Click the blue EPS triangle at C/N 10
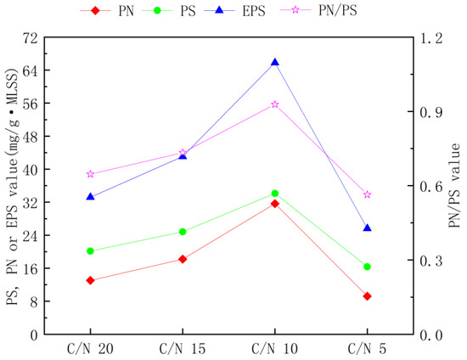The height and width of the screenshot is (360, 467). tap(274, 62)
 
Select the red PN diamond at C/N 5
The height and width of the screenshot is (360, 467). tap(367, 296)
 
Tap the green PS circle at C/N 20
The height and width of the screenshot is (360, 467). tap(90, 250)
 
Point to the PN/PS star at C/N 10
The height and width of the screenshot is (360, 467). tap(274, 104)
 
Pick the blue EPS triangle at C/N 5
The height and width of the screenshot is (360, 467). tap(367, 228)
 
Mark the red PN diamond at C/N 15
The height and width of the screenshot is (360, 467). tap(183, 259)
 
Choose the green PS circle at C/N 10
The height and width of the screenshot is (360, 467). tap(274, 194)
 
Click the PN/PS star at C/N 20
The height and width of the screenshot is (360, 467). tap(90, 174)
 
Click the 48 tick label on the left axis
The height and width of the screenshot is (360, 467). tap(30, 137)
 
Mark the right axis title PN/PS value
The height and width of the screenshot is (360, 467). tap(453, 186)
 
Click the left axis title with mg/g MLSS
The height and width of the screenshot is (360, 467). tap(10, 186)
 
